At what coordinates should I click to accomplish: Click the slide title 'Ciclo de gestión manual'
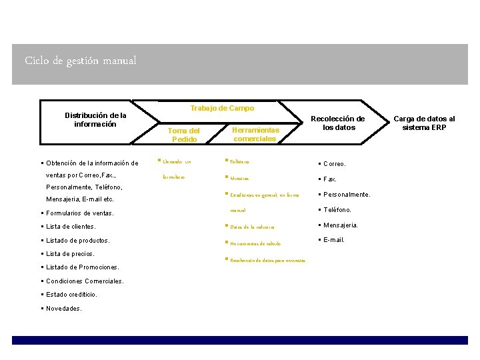[81, 61]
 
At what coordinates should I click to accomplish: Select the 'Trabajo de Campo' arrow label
[222, 108]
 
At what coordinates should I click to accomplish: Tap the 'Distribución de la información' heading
[95, 119]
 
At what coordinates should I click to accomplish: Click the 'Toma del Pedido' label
[184, 135]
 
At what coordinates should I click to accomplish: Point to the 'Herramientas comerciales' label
[255, 134]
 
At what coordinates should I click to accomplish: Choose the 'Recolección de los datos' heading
[339, 123]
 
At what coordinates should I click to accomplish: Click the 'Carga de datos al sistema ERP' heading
[424, 123]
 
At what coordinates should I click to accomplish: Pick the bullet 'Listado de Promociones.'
[82, 267]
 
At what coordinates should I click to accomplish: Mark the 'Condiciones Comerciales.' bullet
[85, 281]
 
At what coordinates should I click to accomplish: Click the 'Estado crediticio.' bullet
[71, 294]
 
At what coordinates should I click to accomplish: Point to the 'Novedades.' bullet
[63, 308]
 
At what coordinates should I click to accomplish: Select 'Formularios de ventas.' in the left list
[79, 213]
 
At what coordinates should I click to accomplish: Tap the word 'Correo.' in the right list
[334, 163]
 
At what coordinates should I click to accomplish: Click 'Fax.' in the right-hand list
[330, 179]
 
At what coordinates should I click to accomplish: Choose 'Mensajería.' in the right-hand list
[341, 225]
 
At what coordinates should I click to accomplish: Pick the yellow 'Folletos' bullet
[239, 162]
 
